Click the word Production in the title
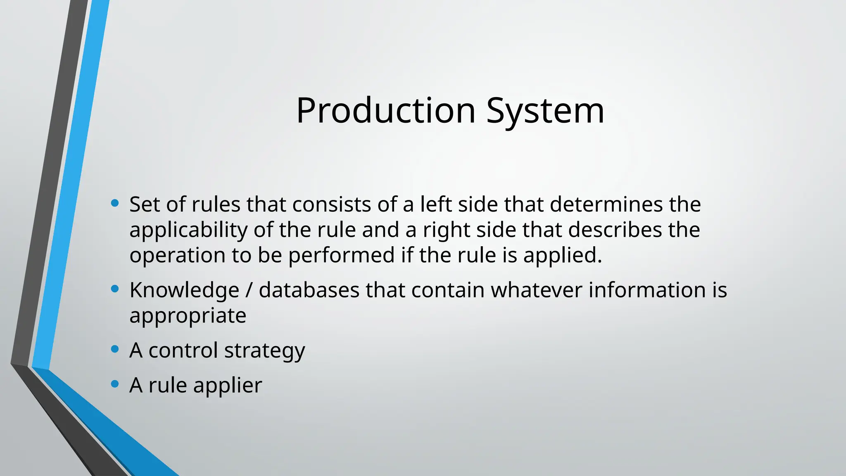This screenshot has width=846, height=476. click(x=385, y=111)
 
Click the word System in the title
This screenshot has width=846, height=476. click(x=545, y=111)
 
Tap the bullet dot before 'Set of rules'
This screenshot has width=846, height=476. click(x=115, y=203)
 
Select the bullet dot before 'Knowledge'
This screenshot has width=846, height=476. click(x=115, y=289)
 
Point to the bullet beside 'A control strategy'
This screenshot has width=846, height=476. click(x=115, y=350)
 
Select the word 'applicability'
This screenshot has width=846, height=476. click(x=188, y=230)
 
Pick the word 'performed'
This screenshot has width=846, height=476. click(x=341, y=255)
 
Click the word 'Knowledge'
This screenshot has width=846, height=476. click(x=184, y=290)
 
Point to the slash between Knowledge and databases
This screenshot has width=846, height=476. click(x=248, y=290)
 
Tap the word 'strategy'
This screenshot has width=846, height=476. click(x=264, y=351)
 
